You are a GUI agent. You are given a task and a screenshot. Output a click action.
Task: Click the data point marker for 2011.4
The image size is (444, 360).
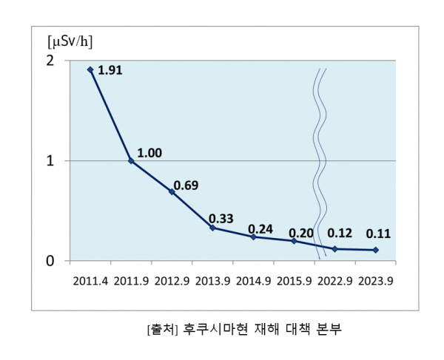click(90, 69)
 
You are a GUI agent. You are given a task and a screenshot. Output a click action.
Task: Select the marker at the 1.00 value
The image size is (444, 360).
click(131, 160)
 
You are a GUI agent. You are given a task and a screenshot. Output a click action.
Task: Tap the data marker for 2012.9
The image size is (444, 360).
click(172, 191)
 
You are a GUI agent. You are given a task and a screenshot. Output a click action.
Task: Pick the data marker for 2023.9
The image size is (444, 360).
click(376, 250)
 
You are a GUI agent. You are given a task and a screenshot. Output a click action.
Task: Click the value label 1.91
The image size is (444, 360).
click(110, 71)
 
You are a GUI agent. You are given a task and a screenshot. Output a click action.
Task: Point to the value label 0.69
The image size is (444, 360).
click(185, 185)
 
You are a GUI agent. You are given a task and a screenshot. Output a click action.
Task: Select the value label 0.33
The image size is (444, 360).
click(221, 218)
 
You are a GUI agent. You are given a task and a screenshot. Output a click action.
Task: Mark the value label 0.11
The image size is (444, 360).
click(378, 234)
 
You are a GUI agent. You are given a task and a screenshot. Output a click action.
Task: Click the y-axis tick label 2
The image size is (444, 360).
click(50, 60)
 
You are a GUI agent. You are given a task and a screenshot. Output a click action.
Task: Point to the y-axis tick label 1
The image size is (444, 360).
click(50, 160)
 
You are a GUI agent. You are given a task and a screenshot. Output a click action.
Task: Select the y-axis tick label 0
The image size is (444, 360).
click(50, 261)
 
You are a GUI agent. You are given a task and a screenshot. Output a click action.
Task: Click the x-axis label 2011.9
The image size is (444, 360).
click(131, 281)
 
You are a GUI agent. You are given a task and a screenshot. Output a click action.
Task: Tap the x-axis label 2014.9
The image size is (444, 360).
click(254, 281)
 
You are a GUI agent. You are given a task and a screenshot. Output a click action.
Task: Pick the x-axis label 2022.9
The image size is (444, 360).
click(335, 281)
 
